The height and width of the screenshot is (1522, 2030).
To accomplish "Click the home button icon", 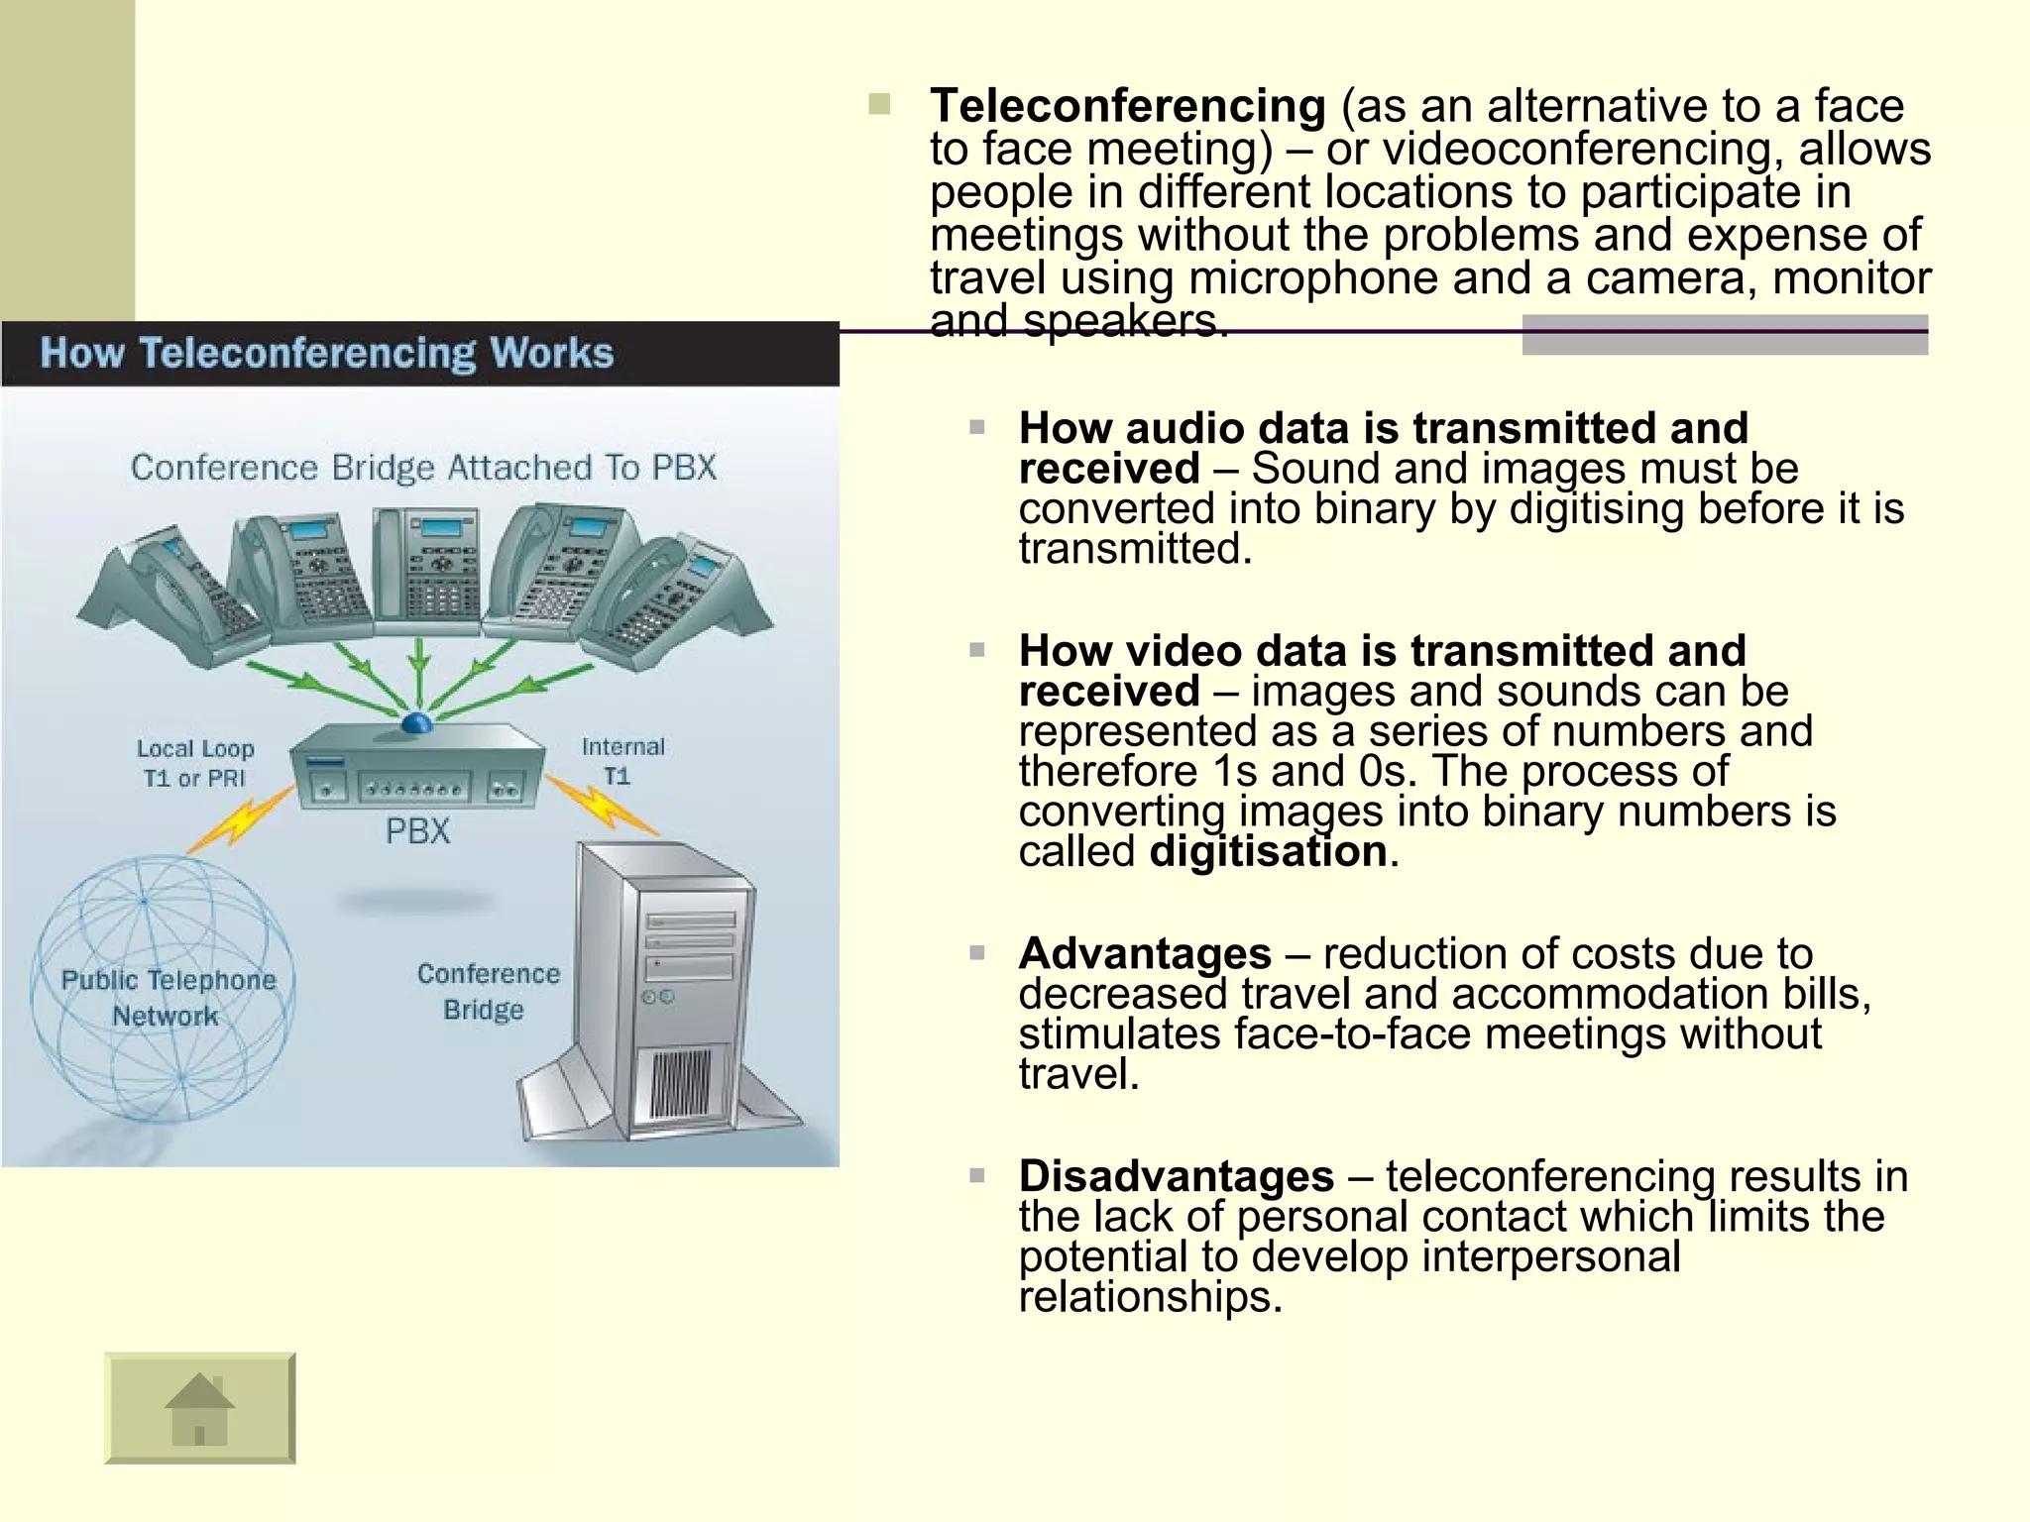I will [x=199, y=1408].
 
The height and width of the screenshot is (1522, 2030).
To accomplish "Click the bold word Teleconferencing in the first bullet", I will [x=1127, y=105].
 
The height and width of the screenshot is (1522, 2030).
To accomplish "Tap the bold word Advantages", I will [x=1145, y=953].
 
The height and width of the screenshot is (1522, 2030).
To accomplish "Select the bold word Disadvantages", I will [x=1176, y=1176].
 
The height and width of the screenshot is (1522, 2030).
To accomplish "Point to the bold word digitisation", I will [x=1268, y=852].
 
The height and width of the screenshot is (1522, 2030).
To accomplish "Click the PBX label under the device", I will [x=417, y=830].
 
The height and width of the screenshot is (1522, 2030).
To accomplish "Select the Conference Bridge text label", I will [x=487, y=992].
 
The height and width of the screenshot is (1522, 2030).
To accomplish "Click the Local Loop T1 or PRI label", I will [x=194, y=763].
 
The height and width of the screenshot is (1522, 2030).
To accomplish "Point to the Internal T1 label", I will [x=621, y=760].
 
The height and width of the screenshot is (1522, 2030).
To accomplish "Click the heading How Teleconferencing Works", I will [x=326, y=354].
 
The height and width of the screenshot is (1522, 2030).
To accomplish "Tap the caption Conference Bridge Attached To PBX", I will [x=423, y=467].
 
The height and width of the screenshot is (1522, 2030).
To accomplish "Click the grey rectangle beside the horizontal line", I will [x=1724, y=335].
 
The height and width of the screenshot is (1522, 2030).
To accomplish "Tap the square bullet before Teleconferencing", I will [x=879, y=104].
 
